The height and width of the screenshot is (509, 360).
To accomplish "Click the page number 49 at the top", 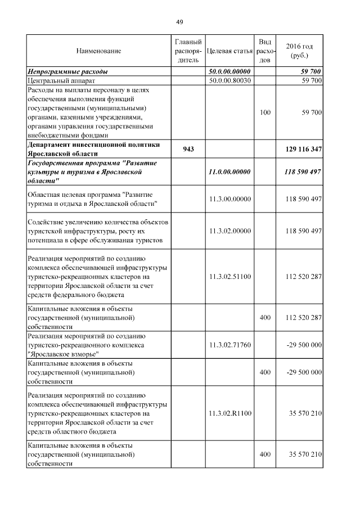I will [179, 22].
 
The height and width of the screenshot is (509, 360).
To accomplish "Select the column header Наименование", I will [98, 51].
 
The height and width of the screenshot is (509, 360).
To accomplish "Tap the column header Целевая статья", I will [229, 51].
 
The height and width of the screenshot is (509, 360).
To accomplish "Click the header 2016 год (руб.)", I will [300, 51].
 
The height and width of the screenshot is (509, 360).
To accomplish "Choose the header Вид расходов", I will [265, 51].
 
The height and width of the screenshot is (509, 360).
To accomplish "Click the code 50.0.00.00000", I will [229, 72].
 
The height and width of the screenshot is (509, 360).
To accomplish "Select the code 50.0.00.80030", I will [229, 81].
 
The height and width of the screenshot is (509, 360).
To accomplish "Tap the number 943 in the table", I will [188, 148].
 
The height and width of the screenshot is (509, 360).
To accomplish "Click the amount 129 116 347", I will [300, 148].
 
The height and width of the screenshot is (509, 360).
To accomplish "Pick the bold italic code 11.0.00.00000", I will [229, 172].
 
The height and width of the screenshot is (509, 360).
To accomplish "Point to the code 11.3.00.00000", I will [229, 199].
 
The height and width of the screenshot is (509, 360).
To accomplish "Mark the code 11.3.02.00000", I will [229, 231].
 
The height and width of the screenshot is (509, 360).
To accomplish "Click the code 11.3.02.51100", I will [229, 277].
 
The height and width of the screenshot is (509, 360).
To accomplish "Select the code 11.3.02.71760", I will [229, 345].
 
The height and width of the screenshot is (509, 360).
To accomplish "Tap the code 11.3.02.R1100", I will [229, 413].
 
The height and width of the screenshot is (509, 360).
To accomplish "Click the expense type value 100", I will [265, 113].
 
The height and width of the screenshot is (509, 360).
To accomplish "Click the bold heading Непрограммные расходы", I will [68, 72].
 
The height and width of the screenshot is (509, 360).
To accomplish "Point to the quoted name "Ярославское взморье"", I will [64, 354].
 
